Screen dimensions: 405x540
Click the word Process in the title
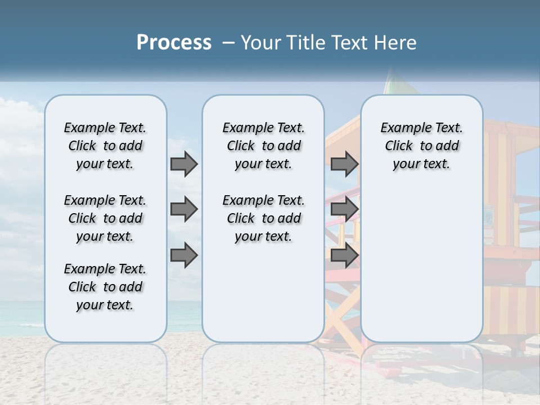click(x=174, y=43)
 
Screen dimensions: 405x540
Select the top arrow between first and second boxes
click(x=184, y=164)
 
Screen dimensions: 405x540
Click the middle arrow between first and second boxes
click(x=184, y=209)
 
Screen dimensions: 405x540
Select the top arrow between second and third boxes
click(x=344, y=164)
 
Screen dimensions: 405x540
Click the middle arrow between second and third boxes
click(x=344, y=209)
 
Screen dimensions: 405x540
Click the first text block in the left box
click(x=105, y=146)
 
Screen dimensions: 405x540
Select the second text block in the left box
click(x=105, y=218)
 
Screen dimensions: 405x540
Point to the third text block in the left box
click(x=105, y=287)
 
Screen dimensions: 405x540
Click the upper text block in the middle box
click(x=263, y=146)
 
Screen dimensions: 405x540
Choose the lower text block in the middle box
click(x=263, y=218)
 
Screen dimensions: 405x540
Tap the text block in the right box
click(x=421, y=146)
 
